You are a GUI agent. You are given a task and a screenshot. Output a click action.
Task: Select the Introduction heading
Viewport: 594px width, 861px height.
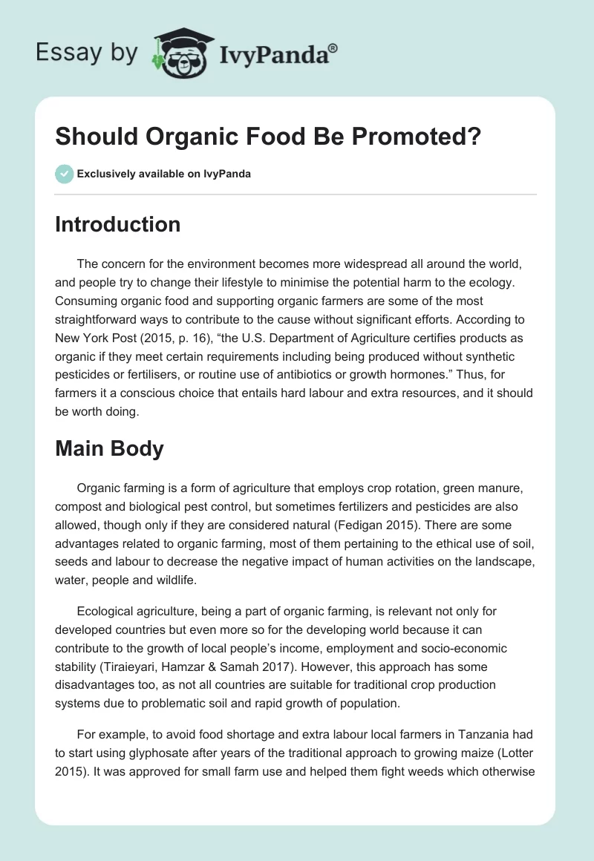tap(117, 224)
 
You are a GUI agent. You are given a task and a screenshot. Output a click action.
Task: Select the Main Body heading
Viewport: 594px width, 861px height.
tap(109, 448)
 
